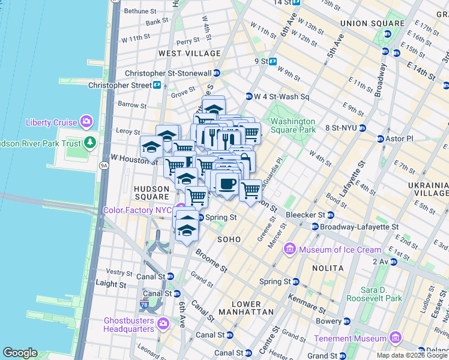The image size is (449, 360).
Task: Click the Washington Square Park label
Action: [293, 125]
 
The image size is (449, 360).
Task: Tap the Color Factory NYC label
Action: [137, 210]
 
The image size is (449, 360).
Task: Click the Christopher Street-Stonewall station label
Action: [168, 73]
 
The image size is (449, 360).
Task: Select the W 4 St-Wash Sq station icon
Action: [249, 97]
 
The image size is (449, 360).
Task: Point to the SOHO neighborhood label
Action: [229, 239]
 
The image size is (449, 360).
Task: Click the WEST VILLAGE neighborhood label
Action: [190, 53]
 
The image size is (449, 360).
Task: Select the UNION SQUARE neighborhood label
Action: [365, 23]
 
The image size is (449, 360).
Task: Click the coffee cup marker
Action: [226, 184]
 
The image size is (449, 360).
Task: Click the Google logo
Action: [20, 353]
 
